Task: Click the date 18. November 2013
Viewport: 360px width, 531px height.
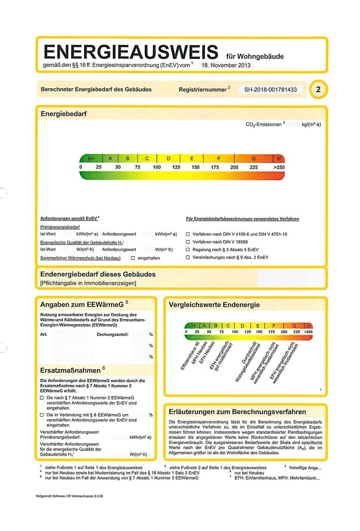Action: (x=226, y=65)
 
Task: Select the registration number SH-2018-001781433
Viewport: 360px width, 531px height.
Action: (x=270, y=90)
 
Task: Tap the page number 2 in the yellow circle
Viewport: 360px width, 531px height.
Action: (x=318, y=90)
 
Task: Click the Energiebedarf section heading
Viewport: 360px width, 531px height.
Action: (x=63, y=114)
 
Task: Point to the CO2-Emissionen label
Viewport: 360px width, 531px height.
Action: (x=263, y=125)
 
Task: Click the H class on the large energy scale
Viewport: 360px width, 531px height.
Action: (x=278, y=159)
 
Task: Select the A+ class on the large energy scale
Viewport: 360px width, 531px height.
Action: (x=91, y=159)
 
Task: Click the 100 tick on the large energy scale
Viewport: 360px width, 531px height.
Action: (x=157, y=167)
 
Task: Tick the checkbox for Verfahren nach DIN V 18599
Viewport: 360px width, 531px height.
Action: (x=187, y=242)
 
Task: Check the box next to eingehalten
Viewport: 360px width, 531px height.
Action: (x=133, y=258)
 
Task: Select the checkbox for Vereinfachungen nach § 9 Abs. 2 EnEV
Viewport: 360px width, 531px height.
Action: (x=187, y=257)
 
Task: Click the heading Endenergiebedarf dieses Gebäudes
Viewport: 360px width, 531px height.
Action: (x=98, y=274)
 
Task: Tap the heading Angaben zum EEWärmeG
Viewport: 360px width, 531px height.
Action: (x=82, y=305)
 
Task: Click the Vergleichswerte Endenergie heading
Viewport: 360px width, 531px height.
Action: (x=214, y=305)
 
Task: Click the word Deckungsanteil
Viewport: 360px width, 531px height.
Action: (x=112, y=334)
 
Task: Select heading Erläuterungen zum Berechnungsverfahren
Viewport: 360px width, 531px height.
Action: (x=237, y=412)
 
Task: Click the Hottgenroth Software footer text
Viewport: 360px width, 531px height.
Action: (x=69, y=496)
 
